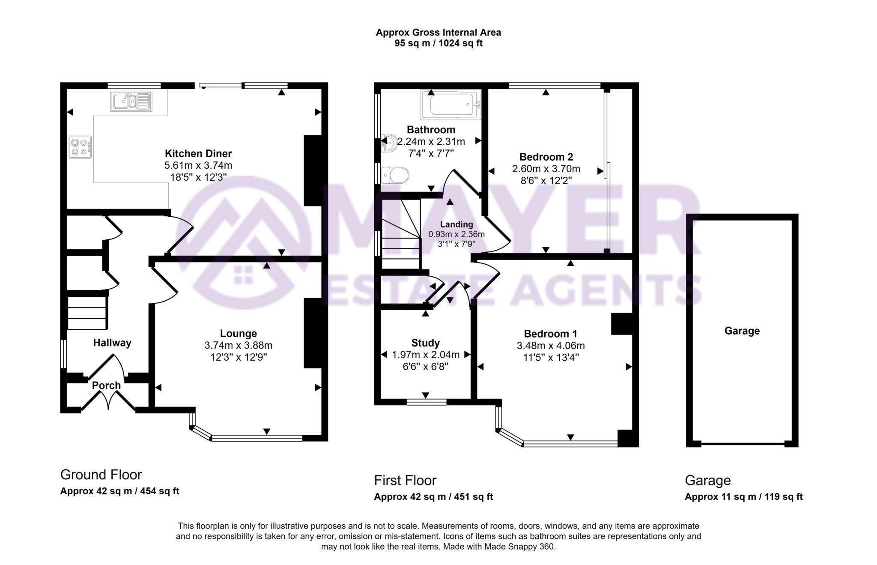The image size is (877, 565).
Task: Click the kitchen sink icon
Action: pos(131,102)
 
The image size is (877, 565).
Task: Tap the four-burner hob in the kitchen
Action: pos(80,147)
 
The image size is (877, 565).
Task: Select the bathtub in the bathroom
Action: pos(450,105)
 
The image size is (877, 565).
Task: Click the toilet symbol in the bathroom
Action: pos(396,175)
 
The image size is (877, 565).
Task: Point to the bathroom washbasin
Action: pos(389,143)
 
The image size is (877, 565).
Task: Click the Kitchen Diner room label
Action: pos(198,153)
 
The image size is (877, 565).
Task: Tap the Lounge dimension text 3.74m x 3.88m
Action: pos(239,345)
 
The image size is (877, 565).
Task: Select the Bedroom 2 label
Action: pos(546,157)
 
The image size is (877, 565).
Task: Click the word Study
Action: pos(425,343)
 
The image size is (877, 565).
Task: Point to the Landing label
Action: pos(456,224)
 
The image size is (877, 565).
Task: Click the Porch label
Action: pos(107,385)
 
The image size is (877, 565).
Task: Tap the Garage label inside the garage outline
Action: pos(742,331)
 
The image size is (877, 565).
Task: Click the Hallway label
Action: pos(112,343)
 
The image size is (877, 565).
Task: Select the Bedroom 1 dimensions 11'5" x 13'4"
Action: pos(551,358)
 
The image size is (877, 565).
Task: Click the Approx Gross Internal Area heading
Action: pos(438,33)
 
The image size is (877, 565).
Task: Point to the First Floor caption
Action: pos(405,480)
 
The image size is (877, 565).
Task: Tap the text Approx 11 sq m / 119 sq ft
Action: pos(743,497)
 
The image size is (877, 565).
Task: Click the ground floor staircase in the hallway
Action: pos(87,313)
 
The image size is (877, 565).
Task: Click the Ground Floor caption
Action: pos(101,475)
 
